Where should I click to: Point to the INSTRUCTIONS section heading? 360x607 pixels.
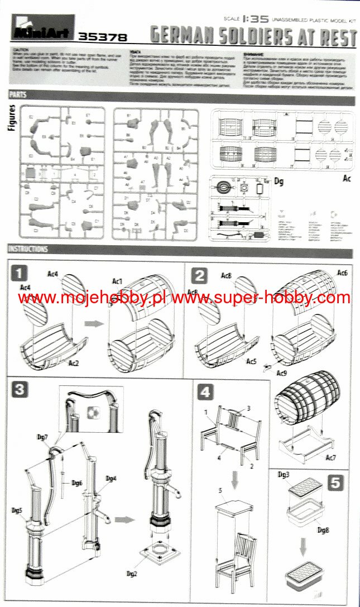tap(28, 249)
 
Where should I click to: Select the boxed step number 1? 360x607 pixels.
tap(20, 274)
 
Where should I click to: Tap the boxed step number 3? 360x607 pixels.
tap(20, 389)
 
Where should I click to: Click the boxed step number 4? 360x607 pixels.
tap(205, 391)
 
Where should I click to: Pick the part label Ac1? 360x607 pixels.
tap(118, 280)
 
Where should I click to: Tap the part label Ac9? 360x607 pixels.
tap(282, 370)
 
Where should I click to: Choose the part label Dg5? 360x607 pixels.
tap(17, 510)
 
